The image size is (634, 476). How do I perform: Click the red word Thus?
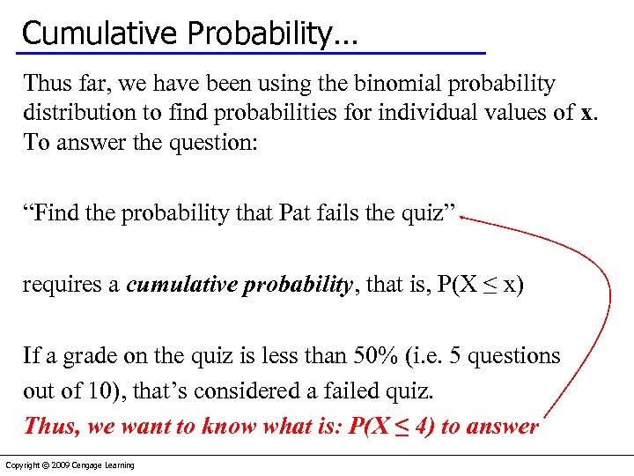coord(51,426)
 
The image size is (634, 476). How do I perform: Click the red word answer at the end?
coord(503,426)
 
